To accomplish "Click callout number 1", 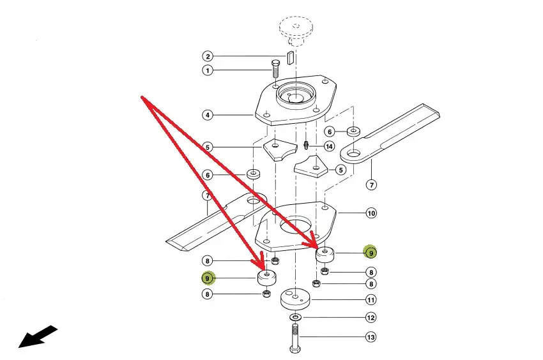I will point(208,70).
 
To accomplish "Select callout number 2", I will point(208,56).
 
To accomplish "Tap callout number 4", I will point(208,116).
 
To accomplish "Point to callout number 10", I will point(371,213).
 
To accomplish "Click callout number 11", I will point(371,299).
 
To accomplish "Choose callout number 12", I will point(371,318).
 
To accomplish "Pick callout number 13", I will point(371,337).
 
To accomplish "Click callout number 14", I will point(329,146).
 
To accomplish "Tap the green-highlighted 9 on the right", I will point(371,253).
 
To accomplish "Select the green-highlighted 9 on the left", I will point(208,278).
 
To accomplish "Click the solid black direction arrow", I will point(38,337).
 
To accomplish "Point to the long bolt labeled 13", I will point(294,338).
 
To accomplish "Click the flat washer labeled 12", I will point(294,317).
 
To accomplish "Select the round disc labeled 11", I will point(295,298).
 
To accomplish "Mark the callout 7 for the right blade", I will point(371,185).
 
